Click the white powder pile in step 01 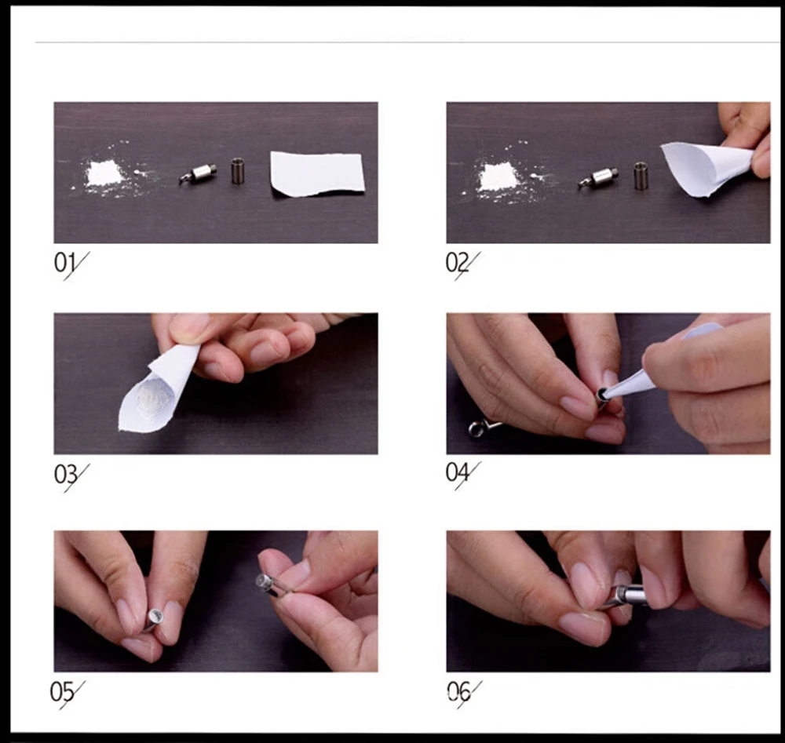(x=105, y=173)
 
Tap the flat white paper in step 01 (x=317, y=174)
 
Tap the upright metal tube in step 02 (x=641, y=176)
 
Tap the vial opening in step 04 (x=601, y=393)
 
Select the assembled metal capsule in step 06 (x=626, y=595)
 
